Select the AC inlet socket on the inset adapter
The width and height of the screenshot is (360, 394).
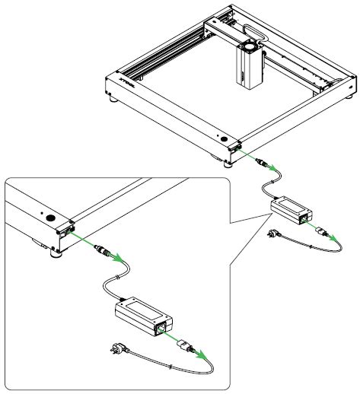tap(161, 329)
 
